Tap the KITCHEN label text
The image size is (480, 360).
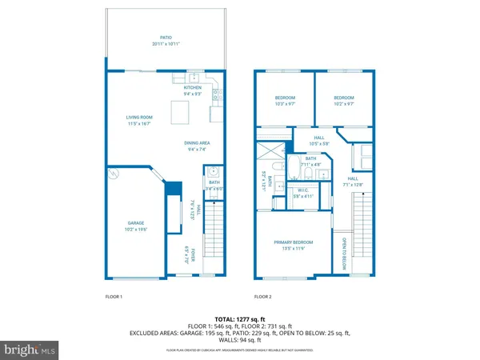pyautogui.click(x=193, y=89)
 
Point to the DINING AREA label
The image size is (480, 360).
pyautogui.click(x=198, y=146)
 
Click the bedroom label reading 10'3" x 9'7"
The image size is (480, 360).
pyautogui.click(x=286, y=100)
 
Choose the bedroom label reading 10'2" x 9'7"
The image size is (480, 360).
pyautogui.click(x=345, y=100)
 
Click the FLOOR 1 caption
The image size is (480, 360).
pyautogui.click(x=114, y=297)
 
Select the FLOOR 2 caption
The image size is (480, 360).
pyautogui.click(x=263, y=297)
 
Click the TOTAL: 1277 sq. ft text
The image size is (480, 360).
pyautogui.click(x=240, y=319)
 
